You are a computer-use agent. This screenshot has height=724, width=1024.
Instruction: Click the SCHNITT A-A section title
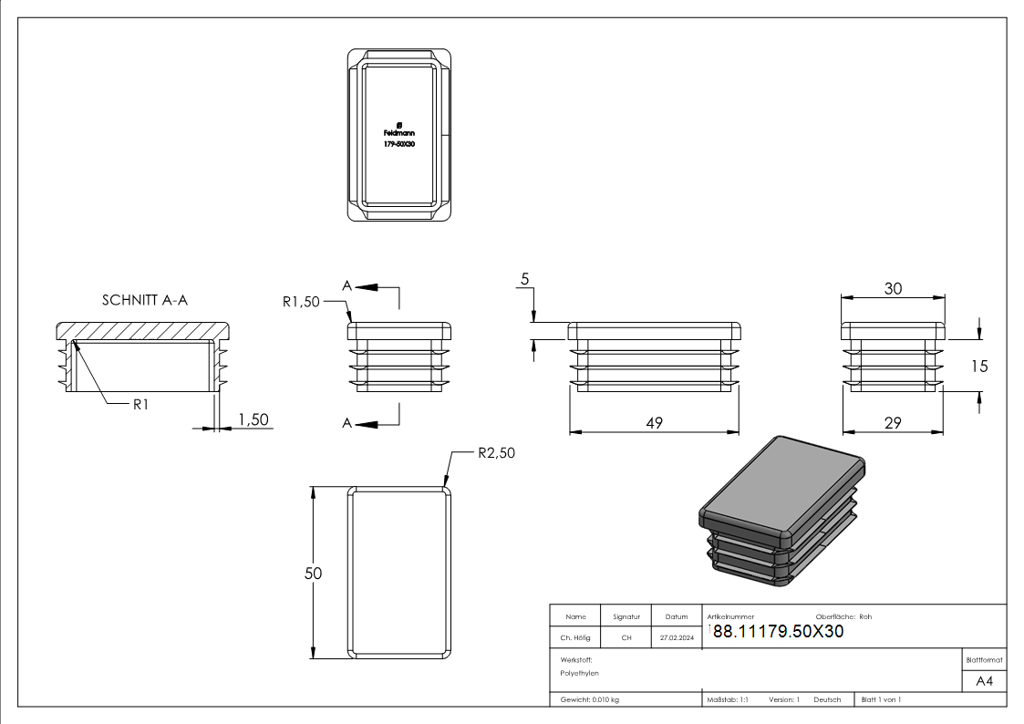pyautogui.click(x=145, y=300)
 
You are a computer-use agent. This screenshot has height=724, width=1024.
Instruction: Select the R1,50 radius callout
pyautogui.click(x=300, y=302)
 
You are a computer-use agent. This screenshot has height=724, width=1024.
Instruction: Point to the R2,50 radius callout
pyautogui.click(x=496, y=453)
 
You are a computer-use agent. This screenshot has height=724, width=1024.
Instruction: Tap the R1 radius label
pyautogui.click(x=140, y=404)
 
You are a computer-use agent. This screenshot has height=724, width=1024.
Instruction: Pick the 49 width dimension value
pyautogui.click(x=653, y=422)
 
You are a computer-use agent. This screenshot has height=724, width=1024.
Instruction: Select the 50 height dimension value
pyautogui.click(x=314, y=574)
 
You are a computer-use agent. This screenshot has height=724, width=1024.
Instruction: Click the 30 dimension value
pyautogui.click(x=893, y=288)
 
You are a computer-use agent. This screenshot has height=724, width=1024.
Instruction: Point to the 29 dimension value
pyautogui.click(x=893, y=422)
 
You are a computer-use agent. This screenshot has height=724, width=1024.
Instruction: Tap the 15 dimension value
pyautogui.click(x=979, y=367)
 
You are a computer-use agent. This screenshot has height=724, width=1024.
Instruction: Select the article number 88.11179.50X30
pyautogui.click(x=778, y=632)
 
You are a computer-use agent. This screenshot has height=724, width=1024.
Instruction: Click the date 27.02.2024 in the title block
pyautogui.click(x=677, y=638)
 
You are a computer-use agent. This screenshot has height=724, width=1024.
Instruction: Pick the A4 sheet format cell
pyautogui.click(x=985, y=681)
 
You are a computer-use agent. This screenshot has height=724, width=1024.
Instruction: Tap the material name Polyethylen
pyautogui.click(x=580, y=673)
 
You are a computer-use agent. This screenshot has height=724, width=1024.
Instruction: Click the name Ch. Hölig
pyautogui.click(x=575, y=638)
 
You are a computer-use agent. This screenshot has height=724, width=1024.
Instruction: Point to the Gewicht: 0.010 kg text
pyautogui.click(x=590, y=699)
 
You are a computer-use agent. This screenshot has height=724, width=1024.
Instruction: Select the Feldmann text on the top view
pyautogui.click(x=399, y=133)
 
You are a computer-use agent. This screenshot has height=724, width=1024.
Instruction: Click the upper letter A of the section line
pyautogui.click(x=347, y=286)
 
